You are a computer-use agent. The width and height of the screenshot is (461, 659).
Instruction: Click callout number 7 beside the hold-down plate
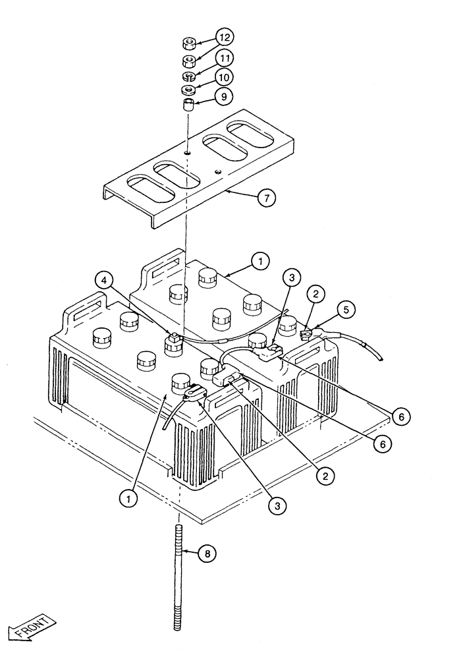[x=267, y=197]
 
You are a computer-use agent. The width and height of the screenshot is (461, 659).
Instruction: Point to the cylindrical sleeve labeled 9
[x=188, y=105]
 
